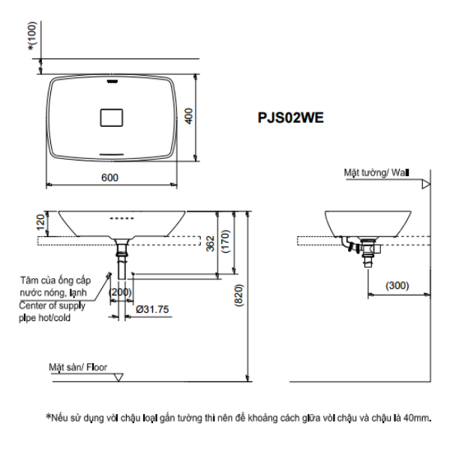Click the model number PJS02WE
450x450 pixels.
tap(291, 118)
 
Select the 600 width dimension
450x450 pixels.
tap(110, 178)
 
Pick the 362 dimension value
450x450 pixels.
tap(211, 242)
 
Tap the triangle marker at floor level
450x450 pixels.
tap(118, 376)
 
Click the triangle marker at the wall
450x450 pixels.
tap(426, 183)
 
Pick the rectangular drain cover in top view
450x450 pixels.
tap(111, 117)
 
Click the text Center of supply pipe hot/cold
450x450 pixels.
tap(52, 311)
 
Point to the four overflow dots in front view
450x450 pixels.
tap(121, 219)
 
